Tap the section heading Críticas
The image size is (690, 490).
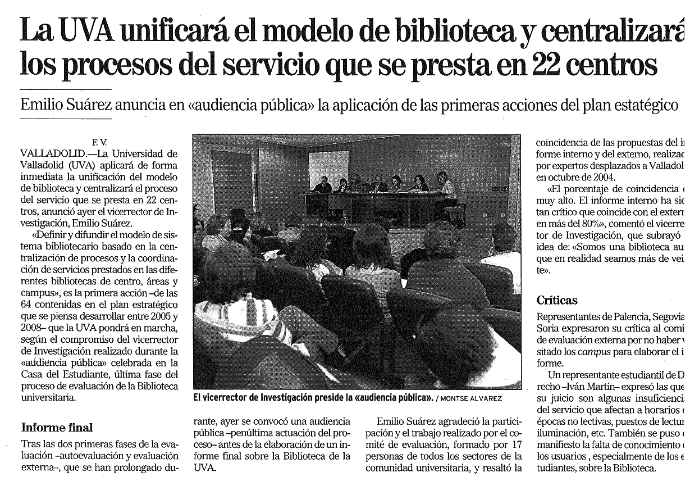(557, 301)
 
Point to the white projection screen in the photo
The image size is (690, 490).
(328, 165)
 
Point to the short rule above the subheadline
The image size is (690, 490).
(65, 89)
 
